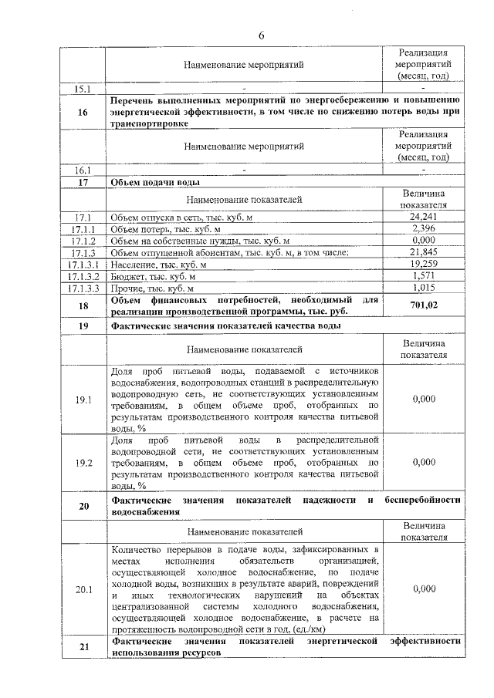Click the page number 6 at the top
260,35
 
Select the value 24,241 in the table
424,217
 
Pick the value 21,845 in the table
424,252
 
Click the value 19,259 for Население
424,264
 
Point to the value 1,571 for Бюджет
424,275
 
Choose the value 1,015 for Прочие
424,287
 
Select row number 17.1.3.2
83,275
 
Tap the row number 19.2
83,462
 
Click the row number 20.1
83,588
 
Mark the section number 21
83,646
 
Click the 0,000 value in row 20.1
424,588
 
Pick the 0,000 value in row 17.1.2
424,241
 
